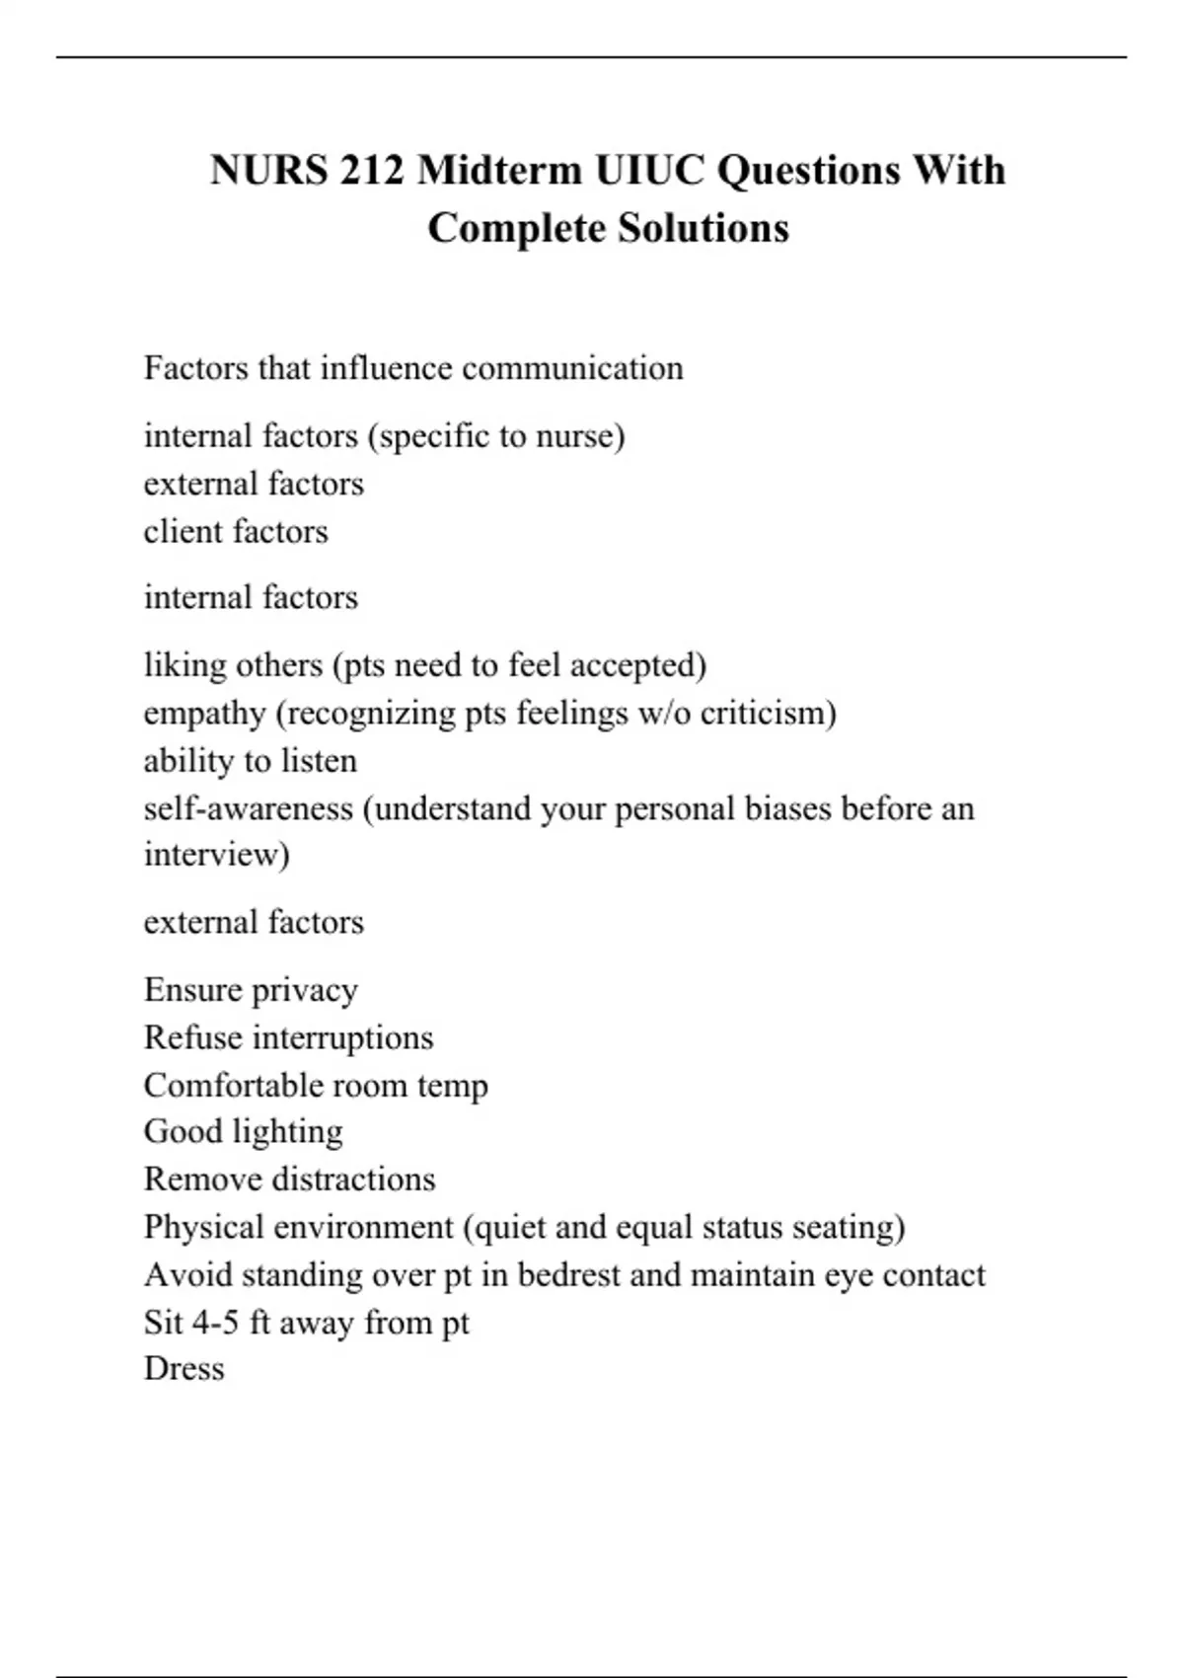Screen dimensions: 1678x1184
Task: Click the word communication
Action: (572, 368)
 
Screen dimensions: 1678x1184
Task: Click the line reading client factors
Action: (236, 531)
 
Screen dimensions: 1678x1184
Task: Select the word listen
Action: (319, 761)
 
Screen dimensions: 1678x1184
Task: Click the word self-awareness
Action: (249, 808)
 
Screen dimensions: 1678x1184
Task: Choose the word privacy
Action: (304, 990)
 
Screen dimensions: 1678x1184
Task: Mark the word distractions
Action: (352, 1180)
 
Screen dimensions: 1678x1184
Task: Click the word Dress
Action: (185, 1369)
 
